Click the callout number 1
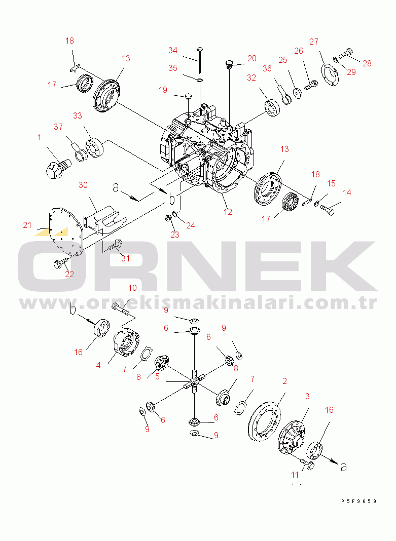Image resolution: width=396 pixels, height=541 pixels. (x=40, y=137)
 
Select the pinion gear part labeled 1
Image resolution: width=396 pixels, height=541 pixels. (x=57, y=168)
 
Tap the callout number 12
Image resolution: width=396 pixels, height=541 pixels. (x=228, y=212)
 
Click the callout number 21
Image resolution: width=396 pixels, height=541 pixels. (x=27, y=225)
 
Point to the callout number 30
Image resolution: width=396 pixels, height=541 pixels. (x=83, y=185)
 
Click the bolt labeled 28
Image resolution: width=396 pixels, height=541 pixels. (x=346, y=53)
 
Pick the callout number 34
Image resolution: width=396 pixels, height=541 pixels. (x=172, y=50)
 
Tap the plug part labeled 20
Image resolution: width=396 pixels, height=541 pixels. (x=229, y=64)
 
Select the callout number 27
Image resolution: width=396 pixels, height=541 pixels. (x=314, y=42)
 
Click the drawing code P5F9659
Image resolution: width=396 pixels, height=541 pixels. (x=358, y=501)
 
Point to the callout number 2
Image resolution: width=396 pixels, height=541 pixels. (x=284, y=381)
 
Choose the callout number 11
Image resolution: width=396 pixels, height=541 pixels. (x=295, y=475)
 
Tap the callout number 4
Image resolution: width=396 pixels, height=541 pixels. (x=98, y=365)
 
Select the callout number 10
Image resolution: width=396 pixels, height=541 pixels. (x=132, y=288)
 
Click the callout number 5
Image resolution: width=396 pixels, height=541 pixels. (x=157, y=376)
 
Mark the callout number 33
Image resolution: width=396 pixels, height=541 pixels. (x=78, y=115)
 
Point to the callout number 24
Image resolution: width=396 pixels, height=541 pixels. (x=191, y=225)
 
